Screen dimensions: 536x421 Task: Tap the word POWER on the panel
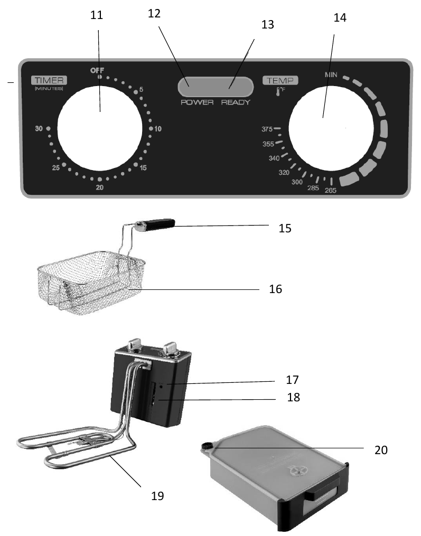197,102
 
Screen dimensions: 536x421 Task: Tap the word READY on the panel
236,102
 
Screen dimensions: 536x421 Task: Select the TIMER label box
49,80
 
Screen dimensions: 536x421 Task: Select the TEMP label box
280,80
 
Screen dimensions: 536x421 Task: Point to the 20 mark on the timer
99,188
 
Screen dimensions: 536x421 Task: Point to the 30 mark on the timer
39,128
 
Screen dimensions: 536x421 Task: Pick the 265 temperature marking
331,190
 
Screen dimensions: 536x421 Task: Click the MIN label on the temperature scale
331,76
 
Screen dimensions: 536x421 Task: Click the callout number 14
341,17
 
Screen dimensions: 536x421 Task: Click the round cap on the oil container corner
206,447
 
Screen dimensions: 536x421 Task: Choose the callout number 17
292,379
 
